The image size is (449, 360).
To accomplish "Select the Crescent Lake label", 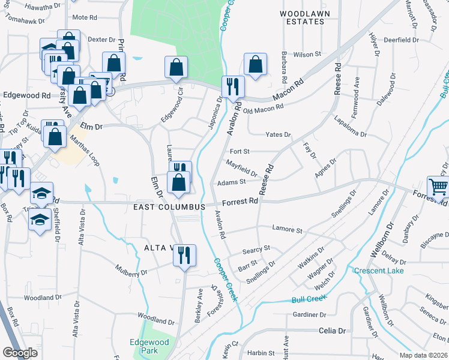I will (x=379, y=270).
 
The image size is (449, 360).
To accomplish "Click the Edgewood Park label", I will (x=149, y=346).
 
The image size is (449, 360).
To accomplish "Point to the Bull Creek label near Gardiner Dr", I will (x=309, y=298).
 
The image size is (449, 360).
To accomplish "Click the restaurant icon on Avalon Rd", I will (x=232, y=86).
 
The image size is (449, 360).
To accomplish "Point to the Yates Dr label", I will (x=279, y=135).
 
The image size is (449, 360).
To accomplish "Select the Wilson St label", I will (x=307, y=55).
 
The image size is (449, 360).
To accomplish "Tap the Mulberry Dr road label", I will (x=131, y=273).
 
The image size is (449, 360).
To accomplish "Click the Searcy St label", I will (x=257, y=248).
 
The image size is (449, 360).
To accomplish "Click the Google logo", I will (x=20, y=353).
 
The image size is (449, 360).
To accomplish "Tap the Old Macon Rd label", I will (x=264, y=107).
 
